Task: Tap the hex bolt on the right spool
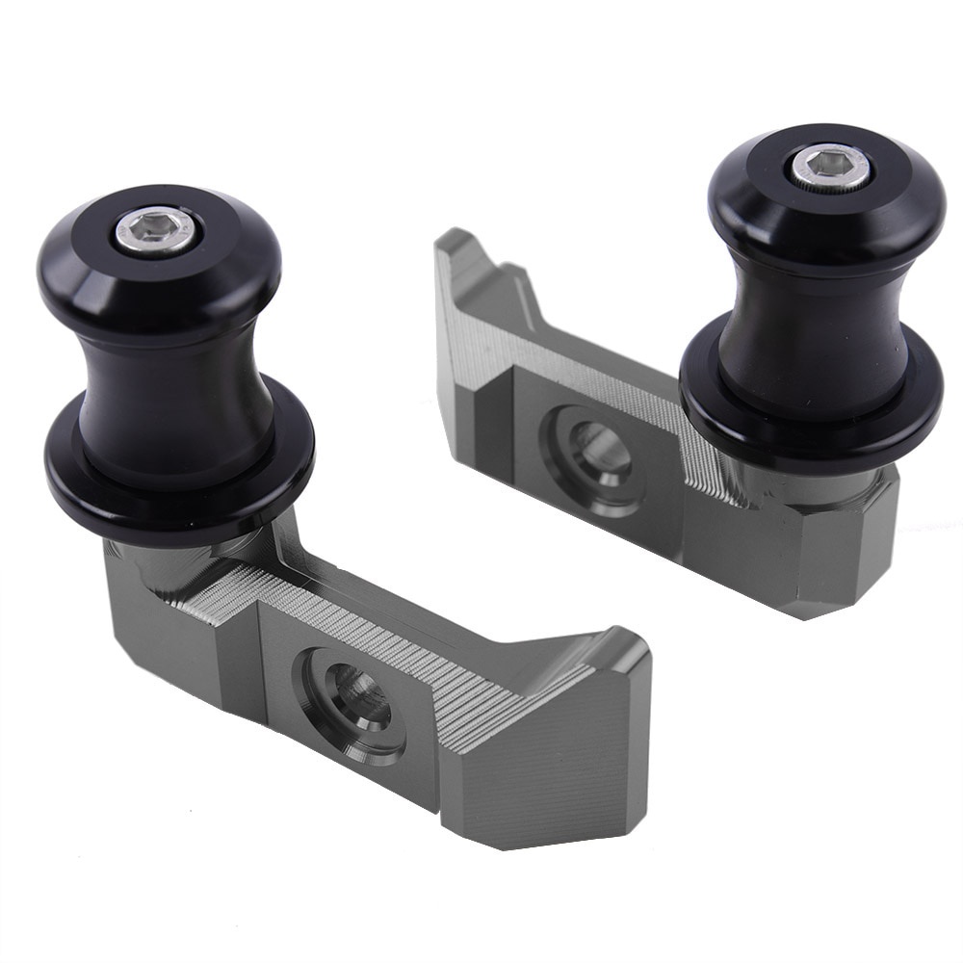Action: [x=831, y=167]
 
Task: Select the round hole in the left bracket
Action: [x=355, y=700]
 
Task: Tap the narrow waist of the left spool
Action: [x=178, y=385]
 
